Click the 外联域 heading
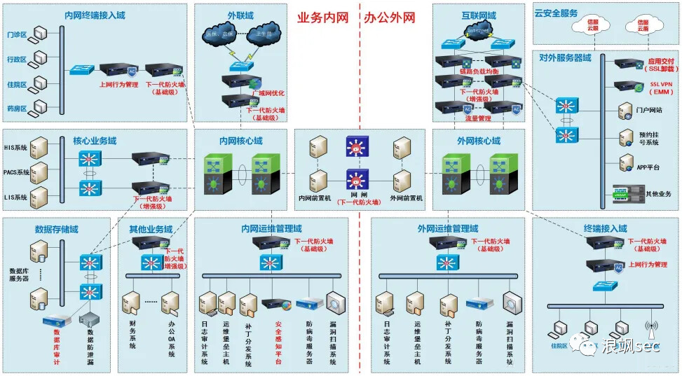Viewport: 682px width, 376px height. (x=240, y=14)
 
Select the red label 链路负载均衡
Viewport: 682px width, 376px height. (x=479, y=71)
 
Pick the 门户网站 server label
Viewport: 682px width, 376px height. (x=649, y=110)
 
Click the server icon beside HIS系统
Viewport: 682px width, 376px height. (x=39, y=148)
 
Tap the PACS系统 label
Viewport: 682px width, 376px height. (x=16, y=172)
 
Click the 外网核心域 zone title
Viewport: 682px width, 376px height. (x=479, y=141)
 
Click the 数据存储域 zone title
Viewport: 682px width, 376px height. (x=56, y=229)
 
